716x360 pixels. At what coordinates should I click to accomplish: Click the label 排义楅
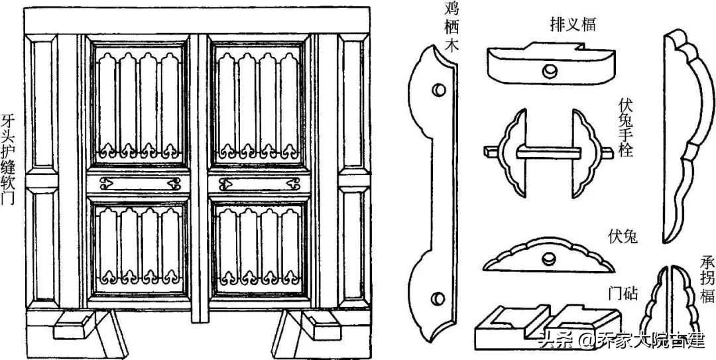click(x=573, y=25)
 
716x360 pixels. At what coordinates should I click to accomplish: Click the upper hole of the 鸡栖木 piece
click(x=438, y=88)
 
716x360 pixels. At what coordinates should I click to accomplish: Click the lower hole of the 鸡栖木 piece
click(x=438, y=298)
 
